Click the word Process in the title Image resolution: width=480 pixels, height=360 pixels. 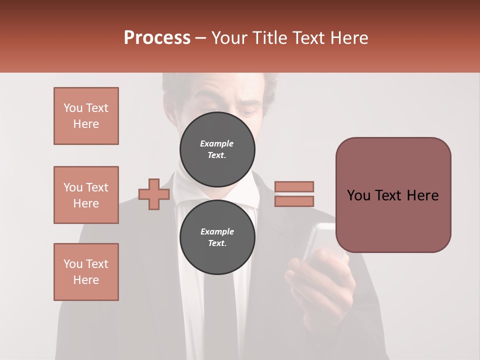[x=157, y=38]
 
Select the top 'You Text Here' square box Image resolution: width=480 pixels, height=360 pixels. [x=86, y=116]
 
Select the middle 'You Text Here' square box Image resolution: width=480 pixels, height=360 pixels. [x=86, y=195]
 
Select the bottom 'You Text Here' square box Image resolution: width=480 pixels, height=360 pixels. [x=86, y=272]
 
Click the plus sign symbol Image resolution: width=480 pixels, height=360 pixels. [x=154, y=194]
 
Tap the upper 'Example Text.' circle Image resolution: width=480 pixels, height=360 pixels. [x=217, y=149]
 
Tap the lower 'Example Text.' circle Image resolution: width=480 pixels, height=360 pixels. [x=217, y=237]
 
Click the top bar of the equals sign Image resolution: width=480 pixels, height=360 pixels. [x=294, y=186]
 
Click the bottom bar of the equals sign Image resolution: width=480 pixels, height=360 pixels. [x=294, y=201]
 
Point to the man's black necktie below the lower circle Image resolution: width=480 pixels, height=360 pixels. [x=217, y=310]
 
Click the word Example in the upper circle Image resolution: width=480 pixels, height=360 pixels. [x=217, y=143]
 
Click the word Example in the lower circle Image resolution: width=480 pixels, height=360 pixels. [x=217, y=231]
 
